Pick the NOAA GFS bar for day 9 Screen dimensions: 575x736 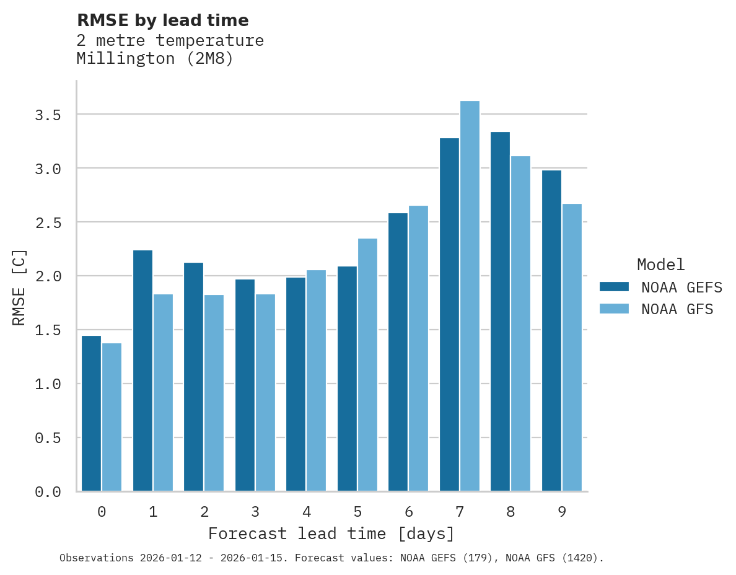572,347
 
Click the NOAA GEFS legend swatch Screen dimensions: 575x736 614,287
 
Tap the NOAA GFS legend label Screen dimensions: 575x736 677,309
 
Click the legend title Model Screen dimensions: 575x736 661,265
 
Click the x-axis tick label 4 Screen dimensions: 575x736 307,512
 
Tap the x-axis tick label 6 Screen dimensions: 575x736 409,512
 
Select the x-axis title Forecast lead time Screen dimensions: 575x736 331,533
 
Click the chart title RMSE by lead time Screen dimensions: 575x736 162,20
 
